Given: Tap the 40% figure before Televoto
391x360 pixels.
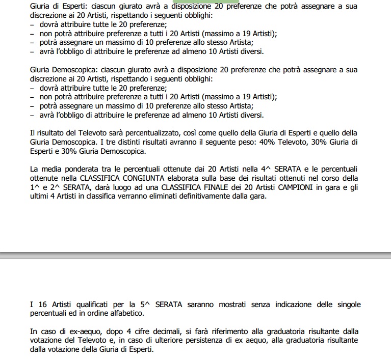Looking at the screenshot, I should click(x=271, y=142).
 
